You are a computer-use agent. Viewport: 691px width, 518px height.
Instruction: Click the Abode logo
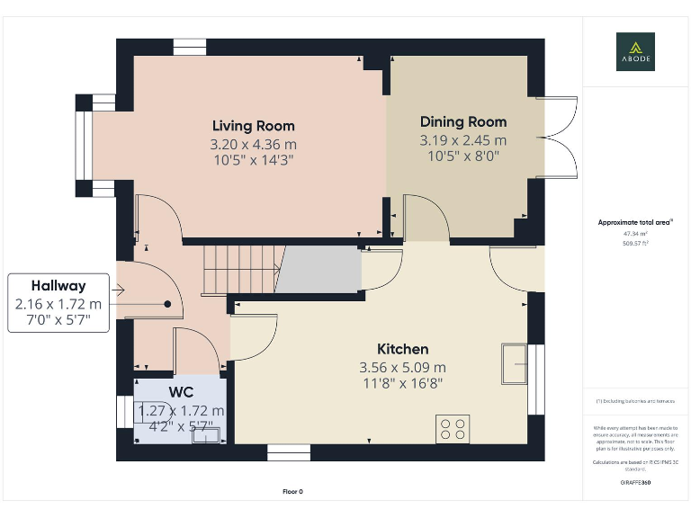635,51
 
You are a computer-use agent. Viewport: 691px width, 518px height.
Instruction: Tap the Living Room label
253,126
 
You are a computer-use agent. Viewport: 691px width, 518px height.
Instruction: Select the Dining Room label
463,121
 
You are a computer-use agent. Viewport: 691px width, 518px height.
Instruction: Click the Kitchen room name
402,349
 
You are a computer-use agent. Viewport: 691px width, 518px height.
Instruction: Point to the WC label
181,393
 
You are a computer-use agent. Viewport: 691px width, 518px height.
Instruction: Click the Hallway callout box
58,303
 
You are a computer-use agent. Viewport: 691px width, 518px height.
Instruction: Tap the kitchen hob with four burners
452,428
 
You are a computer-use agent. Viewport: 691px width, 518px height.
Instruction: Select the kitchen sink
515,363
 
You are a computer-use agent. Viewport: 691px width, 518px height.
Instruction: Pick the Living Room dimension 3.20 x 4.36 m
253,144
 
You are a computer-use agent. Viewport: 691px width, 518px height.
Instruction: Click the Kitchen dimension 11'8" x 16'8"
402,383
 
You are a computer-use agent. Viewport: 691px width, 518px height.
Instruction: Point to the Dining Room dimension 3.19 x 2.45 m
463,140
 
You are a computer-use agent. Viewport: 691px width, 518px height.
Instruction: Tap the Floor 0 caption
293,491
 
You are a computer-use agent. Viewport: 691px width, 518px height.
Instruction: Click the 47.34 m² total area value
635,233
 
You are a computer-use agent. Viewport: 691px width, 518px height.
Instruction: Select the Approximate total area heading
635,222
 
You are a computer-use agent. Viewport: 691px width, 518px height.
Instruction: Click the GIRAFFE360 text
635,483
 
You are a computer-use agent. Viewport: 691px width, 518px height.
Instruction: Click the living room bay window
84,145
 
